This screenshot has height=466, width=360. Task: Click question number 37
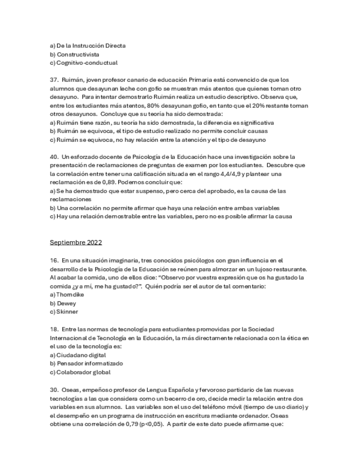click(53, 80)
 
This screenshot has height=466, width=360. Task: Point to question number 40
click(53, 157)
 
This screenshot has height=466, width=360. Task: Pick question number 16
click(53, 260)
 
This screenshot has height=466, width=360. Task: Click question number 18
click(53, 329)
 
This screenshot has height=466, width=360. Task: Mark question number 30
click(53, 389)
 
